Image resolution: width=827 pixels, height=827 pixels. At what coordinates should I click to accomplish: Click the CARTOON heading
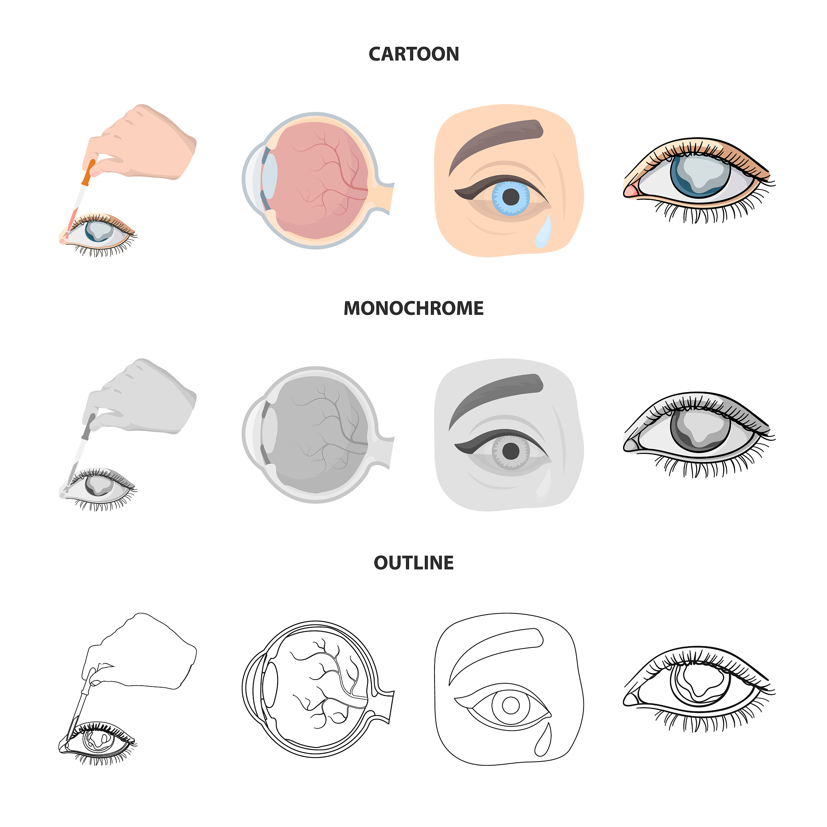(413, 55)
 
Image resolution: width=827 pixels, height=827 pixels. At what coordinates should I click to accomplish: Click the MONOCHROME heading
(413, 308)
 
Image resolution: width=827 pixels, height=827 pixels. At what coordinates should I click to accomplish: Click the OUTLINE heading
(413, 563)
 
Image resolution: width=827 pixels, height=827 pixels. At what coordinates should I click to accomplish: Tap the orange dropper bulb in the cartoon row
(88, 172)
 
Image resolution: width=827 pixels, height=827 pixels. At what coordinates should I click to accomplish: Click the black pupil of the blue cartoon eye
(511, 197)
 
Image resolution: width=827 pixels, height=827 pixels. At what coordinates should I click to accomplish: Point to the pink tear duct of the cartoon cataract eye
(630, 189)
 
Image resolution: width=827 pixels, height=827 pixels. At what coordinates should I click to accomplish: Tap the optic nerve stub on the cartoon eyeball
(383, 197)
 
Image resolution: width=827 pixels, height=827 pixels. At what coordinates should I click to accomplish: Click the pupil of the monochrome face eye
(511, 451)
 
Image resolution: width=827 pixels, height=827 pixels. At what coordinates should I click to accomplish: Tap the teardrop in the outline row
(543, 739)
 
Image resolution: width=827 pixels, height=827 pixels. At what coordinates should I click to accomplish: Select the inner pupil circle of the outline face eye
(511, 705)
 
